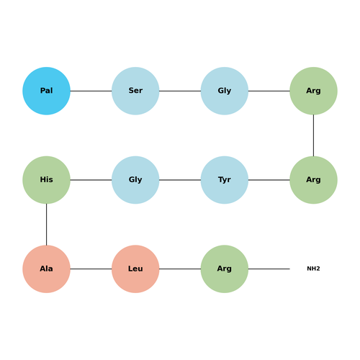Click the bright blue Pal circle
click(46, 91)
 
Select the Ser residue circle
click(135, 91)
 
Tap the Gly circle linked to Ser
click(225, 91)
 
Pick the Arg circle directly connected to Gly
click(313, 91)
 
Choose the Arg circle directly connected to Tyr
click(313, 180)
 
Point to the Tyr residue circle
click(225, 180)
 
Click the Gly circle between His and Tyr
click(135, 180)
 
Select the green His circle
click(46, 180)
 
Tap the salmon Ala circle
click(46, 269)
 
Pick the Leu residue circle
click(135, 269)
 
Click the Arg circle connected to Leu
click(225, 269)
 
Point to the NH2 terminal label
click(313, 269)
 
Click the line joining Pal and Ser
click(91, 91)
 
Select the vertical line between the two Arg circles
click(313, 135)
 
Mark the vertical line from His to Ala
click(46, 225)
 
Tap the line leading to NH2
click(269, 269)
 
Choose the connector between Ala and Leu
click(91, 269)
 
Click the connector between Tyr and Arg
click(269, 180)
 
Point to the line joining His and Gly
click(91, 180)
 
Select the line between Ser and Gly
click(180, 91)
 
